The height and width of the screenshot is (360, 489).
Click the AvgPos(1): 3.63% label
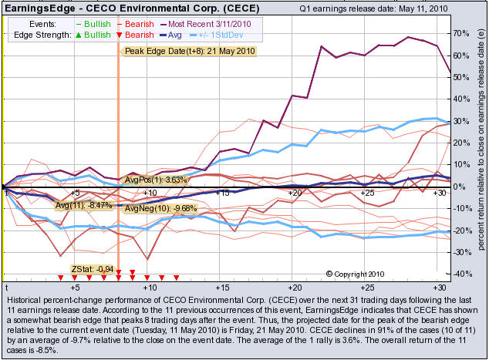coord(156,180)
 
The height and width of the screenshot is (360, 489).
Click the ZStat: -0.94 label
coord(93,269)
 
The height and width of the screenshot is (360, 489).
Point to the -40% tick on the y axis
coord(461,274)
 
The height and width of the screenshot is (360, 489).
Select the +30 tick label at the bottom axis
coord(439,287)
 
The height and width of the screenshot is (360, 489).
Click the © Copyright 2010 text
coord(355,274)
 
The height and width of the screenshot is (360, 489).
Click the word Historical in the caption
coord(25,299)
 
